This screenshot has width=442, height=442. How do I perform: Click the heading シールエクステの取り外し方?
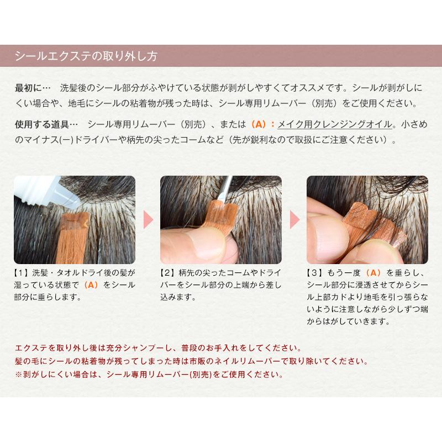[x=86, y=56]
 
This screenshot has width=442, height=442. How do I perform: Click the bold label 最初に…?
[x=33, y=88]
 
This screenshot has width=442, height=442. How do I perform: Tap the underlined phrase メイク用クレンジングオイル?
[x=335, y=124]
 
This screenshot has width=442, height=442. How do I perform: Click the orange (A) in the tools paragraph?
[x=259, y=124]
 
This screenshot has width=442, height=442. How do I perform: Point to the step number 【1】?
[x=23, y=273]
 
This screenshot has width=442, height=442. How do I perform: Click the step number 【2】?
[x=169, y=273]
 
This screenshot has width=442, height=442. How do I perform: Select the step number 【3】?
[x=315, y=273]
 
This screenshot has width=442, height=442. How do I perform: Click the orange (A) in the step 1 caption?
[x=91, y=285]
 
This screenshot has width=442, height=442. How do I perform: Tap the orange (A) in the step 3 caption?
[x=373, y=273]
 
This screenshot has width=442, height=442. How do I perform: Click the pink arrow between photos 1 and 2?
[x=148, y=219]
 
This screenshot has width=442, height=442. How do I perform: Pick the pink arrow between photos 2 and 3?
[x=294, y=219]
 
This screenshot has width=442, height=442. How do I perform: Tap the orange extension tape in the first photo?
[x=73, y=236]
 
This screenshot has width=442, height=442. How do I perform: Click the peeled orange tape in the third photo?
[x=375, y=225]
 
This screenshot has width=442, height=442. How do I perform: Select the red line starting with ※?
[x=149, y=375]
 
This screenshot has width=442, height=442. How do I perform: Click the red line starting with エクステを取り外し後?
[x=159, y=348]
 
